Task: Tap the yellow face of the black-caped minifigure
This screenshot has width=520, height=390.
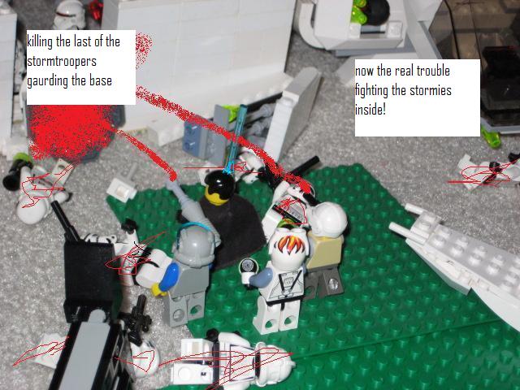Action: (217, 193)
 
